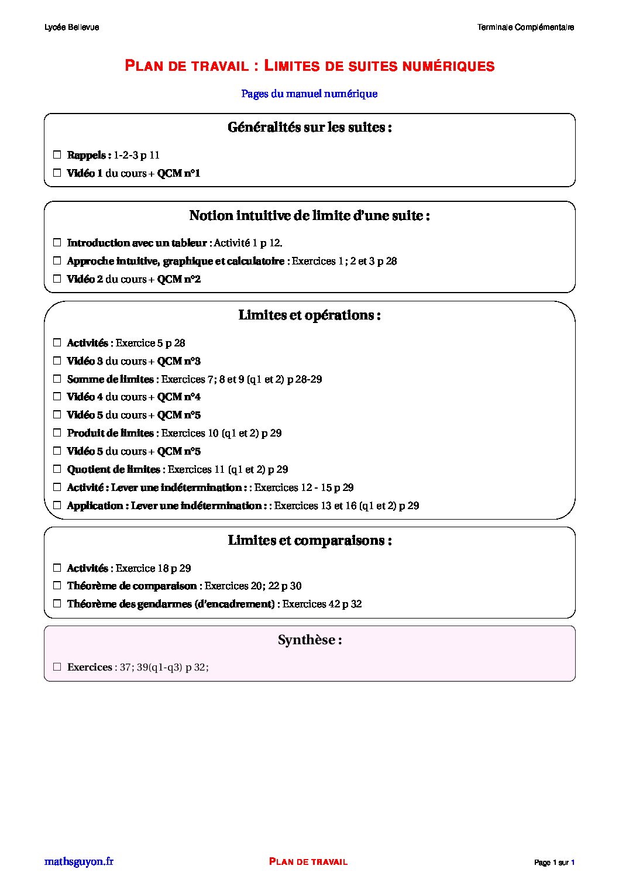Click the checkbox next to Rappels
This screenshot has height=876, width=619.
point(57,155)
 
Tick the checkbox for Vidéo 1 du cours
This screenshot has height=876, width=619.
point(57,173)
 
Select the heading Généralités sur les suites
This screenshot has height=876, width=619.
point(309,128)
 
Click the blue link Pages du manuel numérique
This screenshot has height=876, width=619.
point(309,94)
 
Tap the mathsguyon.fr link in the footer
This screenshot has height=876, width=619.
point(79,861)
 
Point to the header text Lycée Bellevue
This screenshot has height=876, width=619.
point(71,28)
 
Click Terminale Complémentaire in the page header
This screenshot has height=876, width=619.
point(525,28)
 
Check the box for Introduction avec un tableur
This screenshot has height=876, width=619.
point(57,243)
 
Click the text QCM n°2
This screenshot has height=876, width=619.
point(179,280)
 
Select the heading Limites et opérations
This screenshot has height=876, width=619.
point(309,315)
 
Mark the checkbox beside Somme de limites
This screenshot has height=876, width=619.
point(57,379)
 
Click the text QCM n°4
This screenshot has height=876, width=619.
point(179,397)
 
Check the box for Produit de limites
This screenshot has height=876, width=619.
point(57,433)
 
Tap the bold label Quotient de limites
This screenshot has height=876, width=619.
point(114,469)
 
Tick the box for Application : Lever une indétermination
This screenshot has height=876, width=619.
point(57,506)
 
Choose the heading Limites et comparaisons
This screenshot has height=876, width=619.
point(309,541)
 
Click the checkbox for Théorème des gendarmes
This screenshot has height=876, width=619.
point(57,604)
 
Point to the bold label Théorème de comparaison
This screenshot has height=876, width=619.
point(132,586)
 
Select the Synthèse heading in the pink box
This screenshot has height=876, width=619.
point(309,640)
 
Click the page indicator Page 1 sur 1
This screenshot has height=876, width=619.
point(554,863)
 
